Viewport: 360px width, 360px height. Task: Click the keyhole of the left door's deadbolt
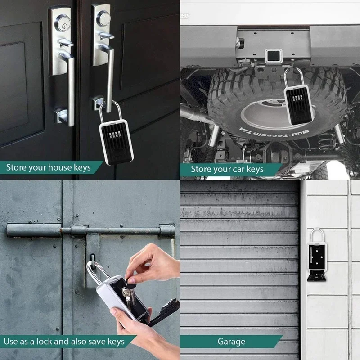60,22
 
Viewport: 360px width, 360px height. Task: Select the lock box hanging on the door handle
117,139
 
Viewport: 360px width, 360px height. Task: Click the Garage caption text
231,341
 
